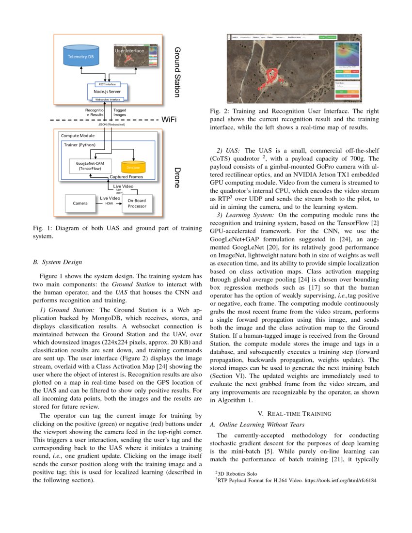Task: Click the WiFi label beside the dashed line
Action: pos(169,119)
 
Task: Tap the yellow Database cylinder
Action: pos(133,167)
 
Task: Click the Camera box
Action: pos(80,203)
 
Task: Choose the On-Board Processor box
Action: pos(137,203)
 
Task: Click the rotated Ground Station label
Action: pos(177,72)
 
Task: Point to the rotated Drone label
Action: pos(177,178)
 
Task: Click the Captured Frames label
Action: pos(126,177)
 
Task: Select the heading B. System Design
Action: pos(57,262)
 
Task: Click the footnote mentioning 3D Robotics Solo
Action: pos(236,473)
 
